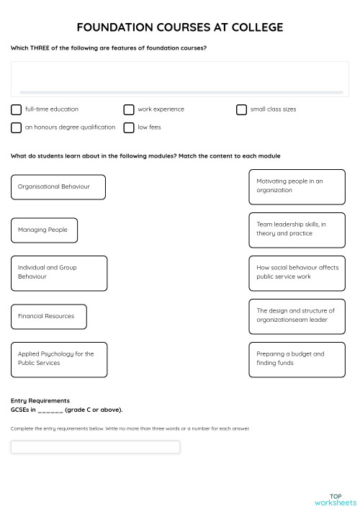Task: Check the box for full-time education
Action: point(16,109)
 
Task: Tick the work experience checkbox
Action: point(128,109)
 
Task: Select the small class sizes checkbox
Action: point(241,109)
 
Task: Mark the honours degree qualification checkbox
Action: point(16,127)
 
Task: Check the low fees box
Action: point(128,127)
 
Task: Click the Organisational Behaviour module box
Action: point(58,186)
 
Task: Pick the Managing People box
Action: point(44,230)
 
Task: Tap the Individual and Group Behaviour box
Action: point(59,273)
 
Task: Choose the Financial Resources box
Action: point(48,316)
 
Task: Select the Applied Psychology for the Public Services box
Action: point(59,359)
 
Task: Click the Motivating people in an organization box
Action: point(297,186)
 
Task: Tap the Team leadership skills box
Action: point(297,230)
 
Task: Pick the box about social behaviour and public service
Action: point(297,273)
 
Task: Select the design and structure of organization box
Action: point(297,316)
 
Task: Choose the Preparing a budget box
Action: point(297,359)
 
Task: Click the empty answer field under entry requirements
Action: point(95,447)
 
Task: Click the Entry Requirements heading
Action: point(40,400)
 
